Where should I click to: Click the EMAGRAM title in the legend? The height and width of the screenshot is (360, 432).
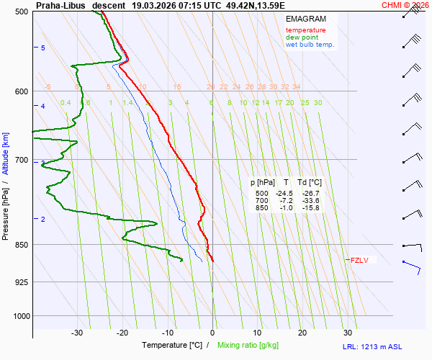pyautogui.click(x=305, y=18)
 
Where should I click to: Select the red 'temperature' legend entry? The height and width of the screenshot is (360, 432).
pyautogui.click(x=305, y=30)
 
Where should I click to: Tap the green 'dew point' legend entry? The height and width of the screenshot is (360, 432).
pyautogui.click(x=302, y=37)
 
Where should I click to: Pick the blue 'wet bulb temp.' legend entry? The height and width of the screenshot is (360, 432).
pyautogui.click(x=310, y=45)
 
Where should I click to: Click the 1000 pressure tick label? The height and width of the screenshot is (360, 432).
pyautogui.click(x=21, y=315)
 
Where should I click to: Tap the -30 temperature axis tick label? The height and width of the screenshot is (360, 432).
pyautogui.click(x=77, y=333)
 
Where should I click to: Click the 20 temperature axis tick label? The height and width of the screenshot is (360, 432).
pyautogui.click(x=302, y=333)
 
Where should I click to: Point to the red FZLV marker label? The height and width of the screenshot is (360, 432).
pyautogui.click(x=359, y=260)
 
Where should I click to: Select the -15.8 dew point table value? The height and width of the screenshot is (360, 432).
pyautogui.click(x=310, y=208)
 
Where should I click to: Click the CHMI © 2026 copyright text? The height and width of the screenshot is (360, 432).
pyautogui.click(x=405, y=5)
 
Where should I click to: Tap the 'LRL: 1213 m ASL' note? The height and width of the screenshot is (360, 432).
pyautogui.click(x=384, y=347)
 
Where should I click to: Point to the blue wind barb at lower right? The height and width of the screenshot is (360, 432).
pyautogui.click(x=413, y=266)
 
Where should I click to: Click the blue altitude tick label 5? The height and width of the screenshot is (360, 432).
pyautogui.click(x=42, y=48)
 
